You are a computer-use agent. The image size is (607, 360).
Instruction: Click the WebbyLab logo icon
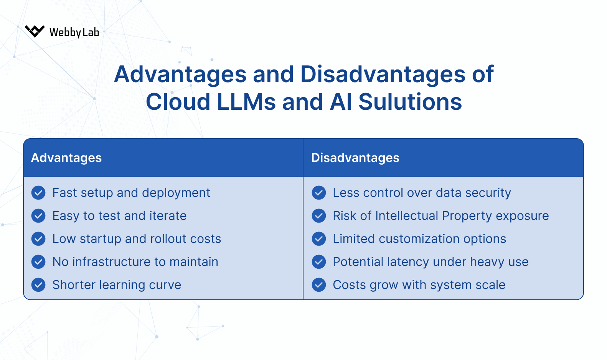pyautogui.click(x=35, y=31)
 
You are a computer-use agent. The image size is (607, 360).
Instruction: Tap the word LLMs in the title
pyautogui.click(x=246, y=102)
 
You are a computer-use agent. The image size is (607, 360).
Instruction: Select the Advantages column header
pyautogui.click(x=66, y=158)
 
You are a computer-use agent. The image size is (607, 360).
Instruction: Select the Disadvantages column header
pyautogui.click(x=355, y=158)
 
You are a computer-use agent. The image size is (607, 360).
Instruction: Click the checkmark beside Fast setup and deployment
pyautogui.click(x=38, y=193)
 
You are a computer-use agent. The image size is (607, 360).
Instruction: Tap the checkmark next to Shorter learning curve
pyautogui.click(x=38, y=285)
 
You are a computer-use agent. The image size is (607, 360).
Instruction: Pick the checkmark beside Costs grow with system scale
pyautogui.click(x=319, y=285)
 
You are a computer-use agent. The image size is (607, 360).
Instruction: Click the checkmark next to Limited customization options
pyautogui.click(x=319, y=239)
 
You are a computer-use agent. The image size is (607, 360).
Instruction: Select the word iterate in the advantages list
pyautogui.click(x=168, y=216)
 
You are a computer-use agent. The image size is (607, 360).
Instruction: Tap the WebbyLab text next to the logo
pyautogui.click(x=74, y=32)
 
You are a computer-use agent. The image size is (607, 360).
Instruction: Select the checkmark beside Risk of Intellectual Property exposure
pyautogui.click(x=319, y=216)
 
